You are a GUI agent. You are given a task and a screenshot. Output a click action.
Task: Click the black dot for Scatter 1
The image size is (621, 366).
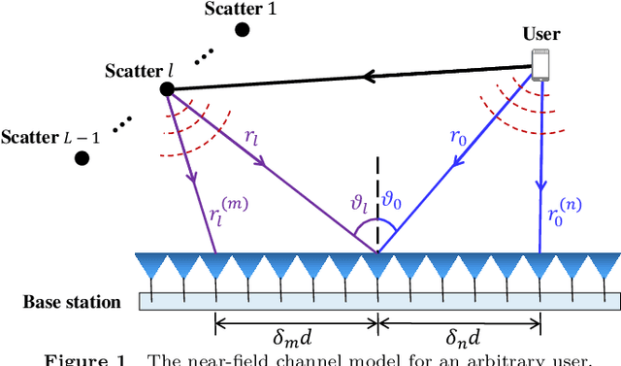click(x=242, y=29)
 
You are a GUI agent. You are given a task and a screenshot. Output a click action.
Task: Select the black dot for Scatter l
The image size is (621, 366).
click(x=167, y=89)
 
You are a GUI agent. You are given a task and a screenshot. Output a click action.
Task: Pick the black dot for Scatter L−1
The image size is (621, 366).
click(x=82, y=157)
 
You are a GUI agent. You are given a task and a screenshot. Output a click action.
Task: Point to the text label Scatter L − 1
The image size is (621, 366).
click(x=45, y=137)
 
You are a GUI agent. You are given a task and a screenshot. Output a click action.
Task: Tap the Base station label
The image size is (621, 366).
click(x=72, y=302)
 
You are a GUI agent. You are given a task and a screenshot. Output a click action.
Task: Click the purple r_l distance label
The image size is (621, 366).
click(x=250, y=139)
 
